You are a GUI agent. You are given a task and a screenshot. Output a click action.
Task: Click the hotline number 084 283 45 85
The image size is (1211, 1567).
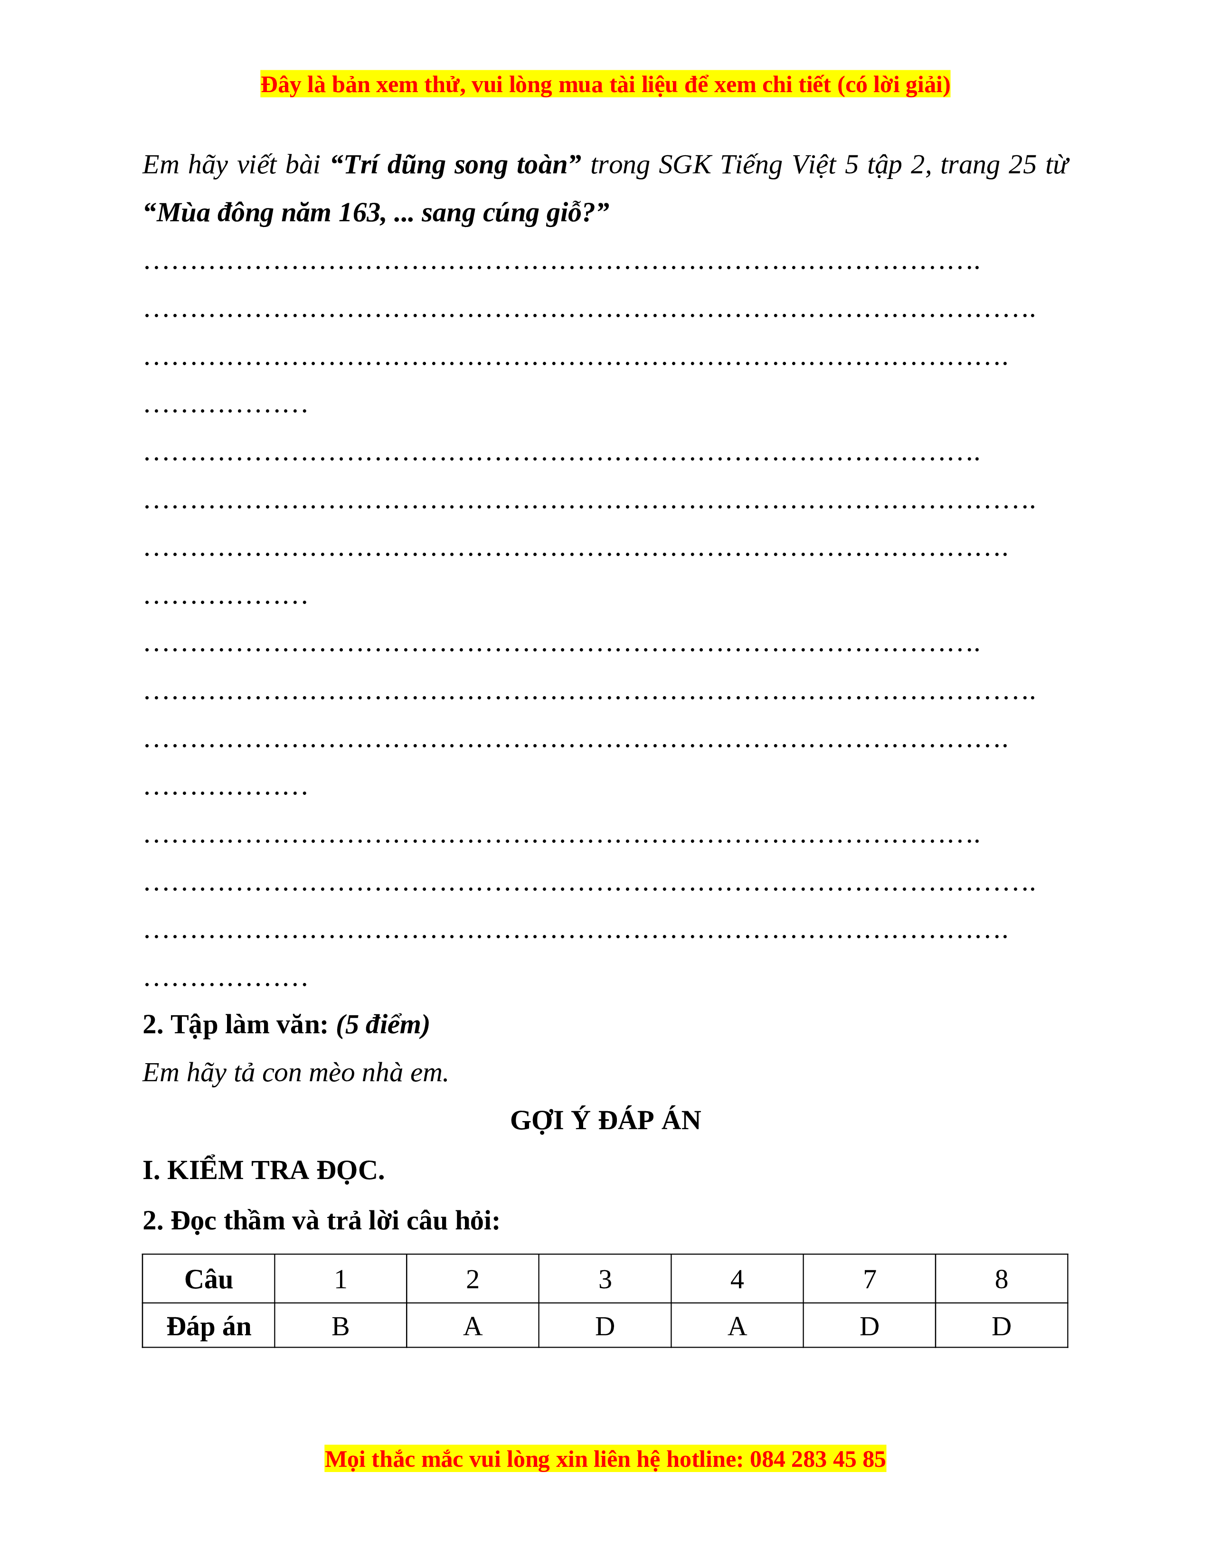(x=817, y=1459)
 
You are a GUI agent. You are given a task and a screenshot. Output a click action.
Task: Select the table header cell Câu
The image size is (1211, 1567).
(x=209, y=1279)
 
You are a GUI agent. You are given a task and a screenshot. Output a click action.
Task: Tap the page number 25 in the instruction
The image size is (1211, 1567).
(x=1022, y=165)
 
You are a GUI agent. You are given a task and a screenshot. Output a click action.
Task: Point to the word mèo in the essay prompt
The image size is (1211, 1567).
(x=332, y=1073)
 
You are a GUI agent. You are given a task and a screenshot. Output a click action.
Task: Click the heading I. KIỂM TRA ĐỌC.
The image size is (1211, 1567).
(x=263, y=1170)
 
